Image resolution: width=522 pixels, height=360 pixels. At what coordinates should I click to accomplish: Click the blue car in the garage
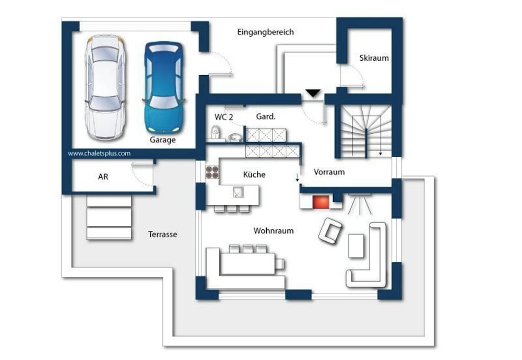tap(163, 88)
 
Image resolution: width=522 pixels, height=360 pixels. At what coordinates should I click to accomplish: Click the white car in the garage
tap(105, 87)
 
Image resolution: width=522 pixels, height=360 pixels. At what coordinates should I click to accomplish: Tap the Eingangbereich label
tap(265, 32)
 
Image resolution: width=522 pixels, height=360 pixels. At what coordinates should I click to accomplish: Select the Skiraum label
tap(374, 58)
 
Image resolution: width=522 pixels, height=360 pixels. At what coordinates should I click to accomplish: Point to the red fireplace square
tap(321, 202)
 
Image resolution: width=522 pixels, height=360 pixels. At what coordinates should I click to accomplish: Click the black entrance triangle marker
tap(313, 93)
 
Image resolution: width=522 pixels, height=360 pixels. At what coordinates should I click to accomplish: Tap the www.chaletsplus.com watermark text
tap(99, 153)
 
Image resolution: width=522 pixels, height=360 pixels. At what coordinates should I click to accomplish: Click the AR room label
tap(103, 177)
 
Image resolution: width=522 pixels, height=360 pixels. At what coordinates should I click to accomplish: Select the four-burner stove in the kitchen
tap(212, 172)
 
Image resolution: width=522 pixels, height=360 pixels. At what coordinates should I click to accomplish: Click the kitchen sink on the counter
tap(238, 192)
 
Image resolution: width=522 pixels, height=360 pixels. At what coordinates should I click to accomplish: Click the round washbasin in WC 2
tap(236, 137)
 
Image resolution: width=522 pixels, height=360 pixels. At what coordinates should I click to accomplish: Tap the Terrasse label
tap(162, 234)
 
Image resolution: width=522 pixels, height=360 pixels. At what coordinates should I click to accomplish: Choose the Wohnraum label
tap(274, 230)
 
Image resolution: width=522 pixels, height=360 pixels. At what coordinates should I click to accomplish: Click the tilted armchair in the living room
tap(330, 230)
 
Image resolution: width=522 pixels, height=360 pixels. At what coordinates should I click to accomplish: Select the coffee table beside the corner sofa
tap(356, 246)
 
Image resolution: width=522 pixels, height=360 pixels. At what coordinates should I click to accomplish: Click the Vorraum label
tap(329, 172)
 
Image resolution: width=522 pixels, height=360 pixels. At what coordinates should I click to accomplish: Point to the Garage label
tap(162, 140)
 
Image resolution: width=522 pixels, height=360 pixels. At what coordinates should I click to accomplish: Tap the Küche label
tap(254, 175)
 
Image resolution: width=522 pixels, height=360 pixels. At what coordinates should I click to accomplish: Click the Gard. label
tap(266, 117)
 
